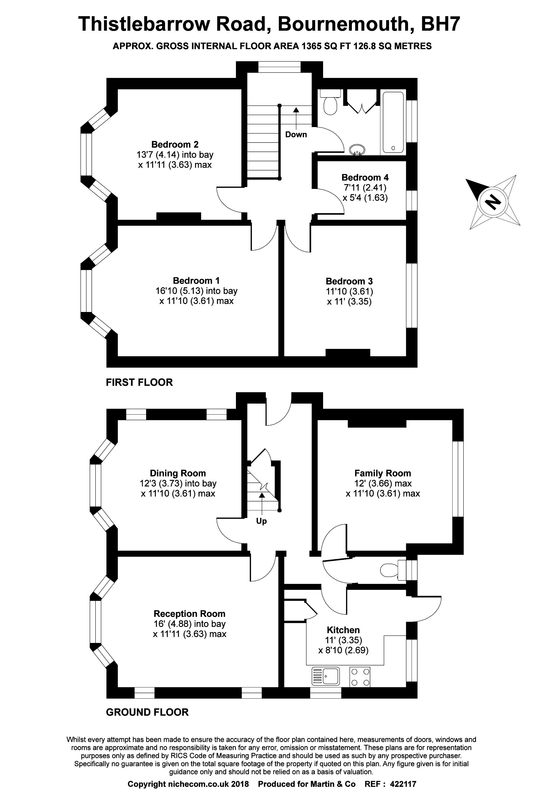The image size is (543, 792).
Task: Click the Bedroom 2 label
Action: (175, 144)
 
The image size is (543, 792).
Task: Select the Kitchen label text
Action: (343, 630)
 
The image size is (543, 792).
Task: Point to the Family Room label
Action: (383, 473)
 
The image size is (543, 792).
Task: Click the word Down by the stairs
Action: (296, 135)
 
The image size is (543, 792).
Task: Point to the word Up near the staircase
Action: (261, 521)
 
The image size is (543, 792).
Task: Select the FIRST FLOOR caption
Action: (139, 382)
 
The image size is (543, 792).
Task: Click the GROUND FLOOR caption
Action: (147, 712)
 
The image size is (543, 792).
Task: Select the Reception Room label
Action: (190, 614)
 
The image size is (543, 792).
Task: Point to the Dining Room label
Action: (178, 473)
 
